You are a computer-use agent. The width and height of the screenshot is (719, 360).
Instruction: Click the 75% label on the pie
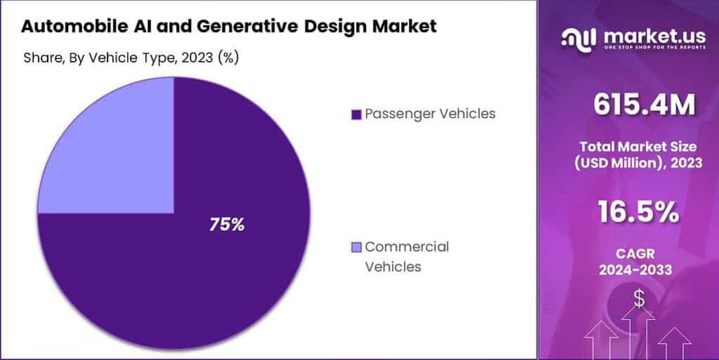pyautogui.click(x=227, y=225)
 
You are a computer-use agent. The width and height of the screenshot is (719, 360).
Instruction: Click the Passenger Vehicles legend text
pyautogui.click(x=430, y=114)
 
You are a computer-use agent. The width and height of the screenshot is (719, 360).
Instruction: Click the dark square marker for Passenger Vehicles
pyautogui.click(x=356, y=114)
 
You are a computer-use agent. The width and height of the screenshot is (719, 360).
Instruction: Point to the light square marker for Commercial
pyautogui.click(x=356, y=247)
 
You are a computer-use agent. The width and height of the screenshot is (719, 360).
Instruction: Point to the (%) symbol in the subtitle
pyautogui.click(x=228, y=58)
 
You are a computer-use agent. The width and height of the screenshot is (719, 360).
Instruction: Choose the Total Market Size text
pyautogui.click(x=638, y=147)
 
